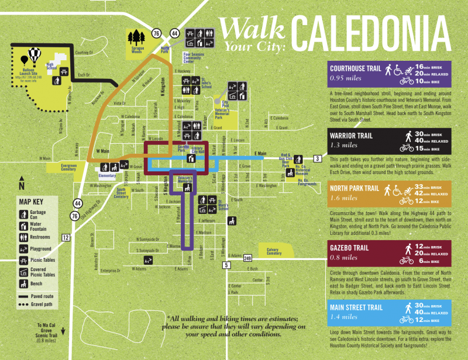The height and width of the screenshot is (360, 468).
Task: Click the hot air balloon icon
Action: [33, 57]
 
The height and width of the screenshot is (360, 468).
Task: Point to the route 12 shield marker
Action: [65, 237]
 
